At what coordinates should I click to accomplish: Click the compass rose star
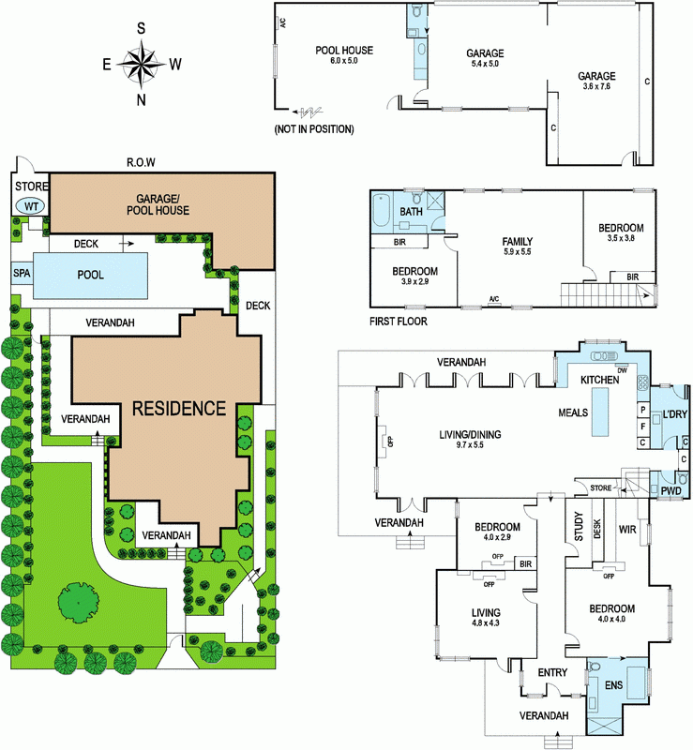[142, 64]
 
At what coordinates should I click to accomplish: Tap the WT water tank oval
[31, 206]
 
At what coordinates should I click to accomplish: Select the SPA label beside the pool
[22, 273]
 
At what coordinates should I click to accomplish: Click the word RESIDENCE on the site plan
[179, 409]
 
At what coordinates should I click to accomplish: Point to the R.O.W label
[141, 162]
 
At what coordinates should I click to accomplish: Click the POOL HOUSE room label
[344, 51]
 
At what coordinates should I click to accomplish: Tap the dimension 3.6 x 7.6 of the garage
[596, 86]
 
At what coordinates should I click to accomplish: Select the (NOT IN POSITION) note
[314, 129]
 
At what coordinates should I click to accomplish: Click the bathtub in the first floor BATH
[382, 210]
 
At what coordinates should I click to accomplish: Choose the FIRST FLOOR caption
[399, 322]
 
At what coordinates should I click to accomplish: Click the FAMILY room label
[518, 242]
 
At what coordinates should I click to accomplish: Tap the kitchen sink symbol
[605, 356]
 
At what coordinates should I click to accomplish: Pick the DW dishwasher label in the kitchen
[622, 370]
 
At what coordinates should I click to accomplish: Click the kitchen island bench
[600, 412]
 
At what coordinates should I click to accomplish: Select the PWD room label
[670, 491]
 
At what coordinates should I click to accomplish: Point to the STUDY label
[579, 527]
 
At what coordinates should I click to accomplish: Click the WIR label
[627, 530]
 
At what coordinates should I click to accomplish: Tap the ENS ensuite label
[613, 685]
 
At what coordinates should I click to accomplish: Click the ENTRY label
[552, 672]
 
